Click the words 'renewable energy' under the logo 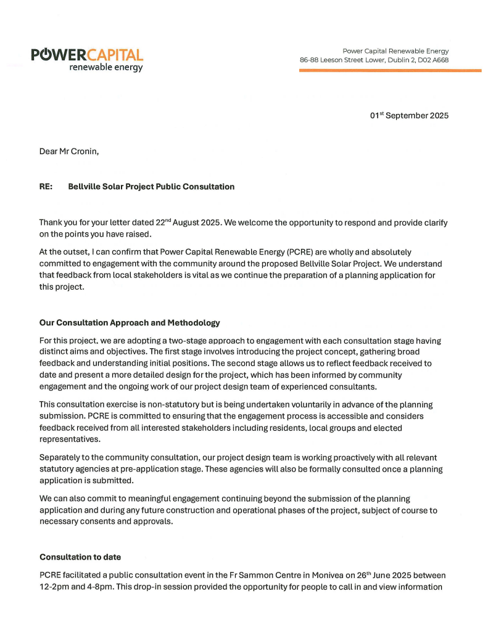105,67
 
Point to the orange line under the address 390,71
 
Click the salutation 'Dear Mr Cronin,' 68,151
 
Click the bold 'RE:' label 46,187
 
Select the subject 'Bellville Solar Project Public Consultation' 151,187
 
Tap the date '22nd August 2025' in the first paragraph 171,222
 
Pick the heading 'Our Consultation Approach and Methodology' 130,323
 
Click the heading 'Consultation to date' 80,557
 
